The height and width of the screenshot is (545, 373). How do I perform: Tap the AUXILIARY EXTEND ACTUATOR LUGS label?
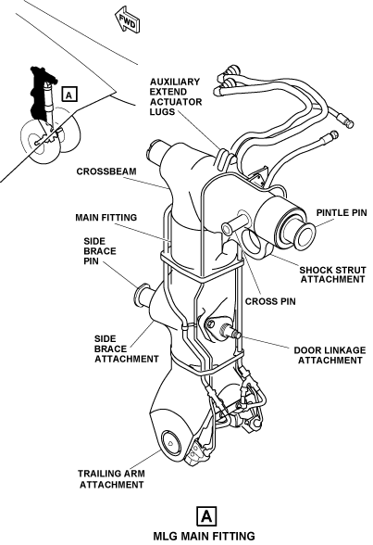point(176,97)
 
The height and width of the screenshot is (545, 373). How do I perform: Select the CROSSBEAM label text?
point(106,171)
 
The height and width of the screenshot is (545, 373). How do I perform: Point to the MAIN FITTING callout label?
point(106,218)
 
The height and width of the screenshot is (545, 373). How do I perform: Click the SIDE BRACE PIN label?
point(100,251)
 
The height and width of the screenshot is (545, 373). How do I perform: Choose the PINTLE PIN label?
point(342,213)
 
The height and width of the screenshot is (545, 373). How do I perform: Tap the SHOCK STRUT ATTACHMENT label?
point(333,274)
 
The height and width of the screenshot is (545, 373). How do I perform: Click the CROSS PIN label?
point(270,301)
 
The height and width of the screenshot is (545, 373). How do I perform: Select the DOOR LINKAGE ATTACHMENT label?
point(329,355)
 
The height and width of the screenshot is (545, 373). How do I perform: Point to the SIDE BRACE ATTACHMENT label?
point(126,349)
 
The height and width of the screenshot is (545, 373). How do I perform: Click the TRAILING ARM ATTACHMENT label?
point(111,479)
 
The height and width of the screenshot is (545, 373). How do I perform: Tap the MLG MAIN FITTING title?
point(204,536)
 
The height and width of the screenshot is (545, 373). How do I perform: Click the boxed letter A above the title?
point(206,516)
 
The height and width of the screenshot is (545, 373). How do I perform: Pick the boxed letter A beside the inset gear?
point(69,95)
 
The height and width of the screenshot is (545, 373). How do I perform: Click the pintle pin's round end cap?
point(299,234)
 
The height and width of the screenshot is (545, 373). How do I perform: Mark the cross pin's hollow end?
point(226,229)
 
